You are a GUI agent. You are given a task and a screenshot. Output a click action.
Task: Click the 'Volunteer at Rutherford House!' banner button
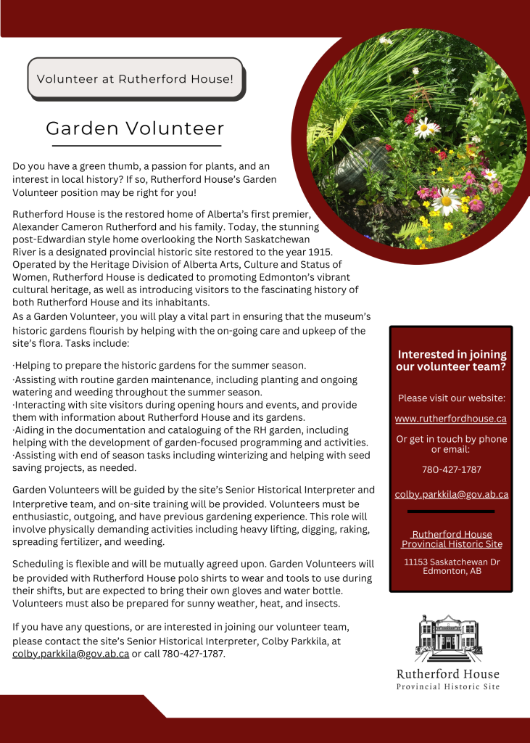[x=135, y=78]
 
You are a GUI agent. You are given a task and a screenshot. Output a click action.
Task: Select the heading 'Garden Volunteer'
[x=135, y=128]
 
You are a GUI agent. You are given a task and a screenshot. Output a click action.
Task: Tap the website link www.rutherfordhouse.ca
[x=450, y=419]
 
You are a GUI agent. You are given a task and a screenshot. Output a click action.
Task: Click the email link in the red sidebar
[x=451, y=495]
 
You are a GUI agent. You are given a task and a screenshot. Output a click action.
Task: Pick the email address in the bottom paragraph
[x=71, y=653]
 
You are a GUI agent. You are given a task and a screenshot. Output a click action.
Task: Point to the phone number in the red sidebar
[x=451, y=469]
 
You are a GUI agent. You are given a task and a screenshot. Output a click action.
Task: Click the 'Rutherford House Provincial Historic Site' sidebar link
[x=451, y=539]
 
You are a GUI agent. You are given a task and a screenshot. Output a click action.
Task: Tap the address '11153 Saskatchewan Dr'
[x=451, y=562]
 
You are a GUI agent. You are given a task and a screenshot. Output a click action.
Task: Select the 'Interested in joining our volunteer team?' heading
[x=451, y=361]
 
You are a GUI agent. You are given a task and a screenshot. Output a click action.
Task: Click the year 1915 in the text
[x=317, y=252]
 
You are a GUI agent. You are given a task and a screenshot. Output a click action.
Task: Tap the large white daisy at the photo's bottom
[x=446, y=200]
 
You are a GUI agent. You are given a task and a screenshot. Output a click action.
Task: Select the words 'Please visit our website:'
[x=451, y=398]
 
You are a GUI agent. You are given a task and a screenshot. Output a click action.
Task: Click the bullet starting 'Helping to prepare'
[x=160, y=365]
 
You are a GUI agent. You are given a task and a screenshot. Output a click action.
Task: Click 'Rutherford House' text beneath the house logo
[x=447, y=674]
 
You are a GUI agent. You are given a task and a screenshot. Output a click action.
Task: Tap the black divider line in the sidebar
[x=451, y=512]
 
